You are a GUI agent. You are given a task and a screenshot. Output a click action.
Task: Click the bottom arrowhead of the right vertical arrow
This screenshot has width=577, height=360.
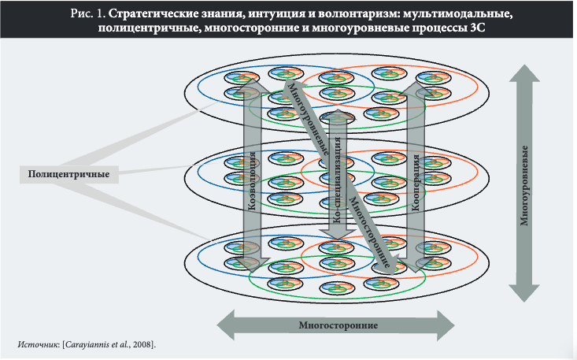pos(523,293)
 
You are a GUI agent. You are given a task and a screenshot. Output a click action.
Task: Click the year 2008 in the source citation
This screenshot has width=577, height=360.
pos(142,344)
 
